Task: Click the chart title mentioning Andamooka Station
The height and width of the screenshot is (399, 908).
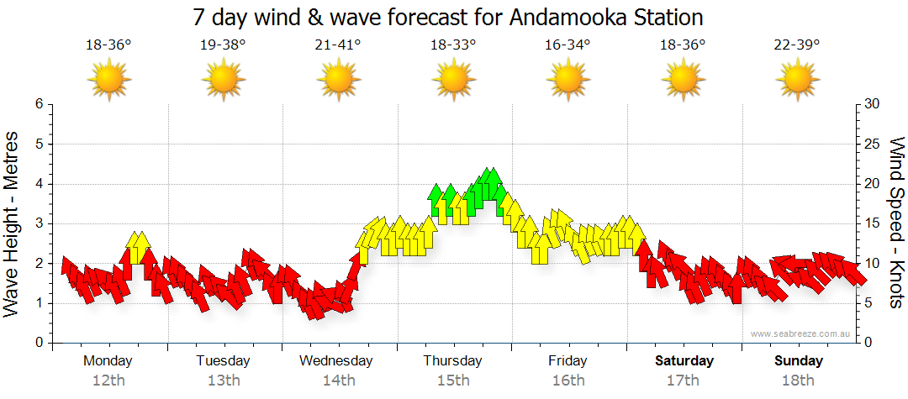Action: point(447,18)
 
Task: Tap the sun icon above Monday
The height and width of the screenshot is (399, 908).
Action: point(108,81)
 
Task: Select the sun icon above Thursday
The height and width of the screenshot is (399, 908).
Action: point(453,81)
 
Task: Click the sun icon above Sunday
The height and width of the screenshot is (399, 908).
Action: point(797,81)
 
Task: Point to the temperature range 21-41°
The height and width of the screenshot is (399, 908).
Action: point(338,45)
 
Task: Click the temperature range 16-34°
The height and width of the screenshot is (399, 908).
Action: point(567,45)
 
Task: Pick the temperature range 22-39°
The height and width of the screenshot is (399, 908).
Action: point(797,45)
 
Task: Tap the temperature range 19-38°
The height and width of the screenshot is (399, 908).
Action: point(223,45)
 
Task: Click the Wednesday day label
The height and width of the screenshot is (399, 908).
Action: point(336,361)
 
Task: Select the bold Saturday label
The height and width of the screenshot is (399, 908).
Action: point(684,361)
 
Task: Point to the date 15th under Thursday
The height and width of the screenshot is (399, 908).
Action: point(453,381)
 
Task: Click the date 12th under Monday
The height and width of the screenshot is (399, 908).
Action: point(108,381)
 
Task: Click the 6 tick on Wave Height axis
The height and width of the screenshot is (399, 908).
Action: point(38,104)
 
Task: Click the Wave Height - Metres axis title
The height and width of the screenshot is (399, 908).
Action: point(12,223)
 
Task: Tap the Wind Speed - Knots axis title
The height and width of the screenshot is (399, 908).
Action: point(896,223)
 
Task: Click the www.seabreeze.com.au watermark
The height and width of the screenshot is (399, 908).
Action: point(802,333)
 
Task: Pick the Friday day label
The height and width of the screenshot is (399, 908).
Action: point(567,361)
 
